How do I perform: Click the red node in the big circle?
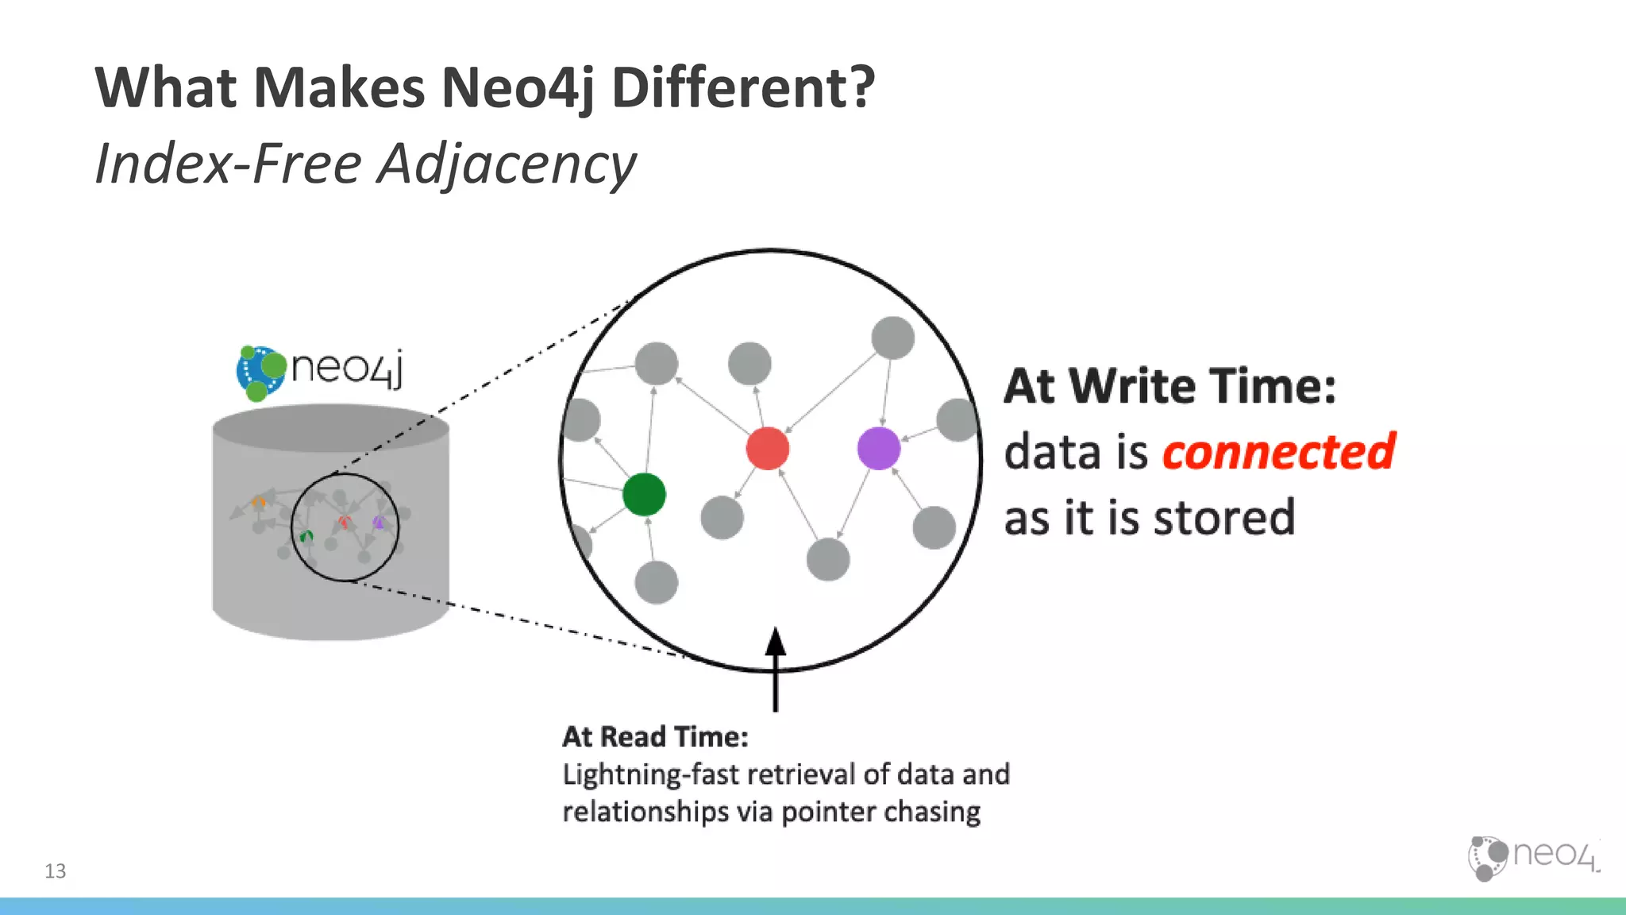(x=768, y=449)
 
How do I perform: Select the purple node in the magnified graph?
(x=879, y=449)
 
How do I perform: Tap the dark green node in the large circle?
(x=644, y=494)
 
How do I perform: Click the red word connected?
(x=1278, y=452)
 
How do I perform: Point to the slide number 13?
(x=56, y=871)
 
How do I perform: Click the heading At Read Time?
(x=655, y=737)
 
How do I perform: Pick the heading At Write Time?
(x=1170, y=387)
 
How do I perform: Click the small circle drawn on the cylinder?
(x=345, y=527)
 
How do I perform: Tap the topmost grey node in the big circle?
(x=892, y=338)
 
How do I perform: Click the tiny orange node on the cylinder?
(x=259, y=502)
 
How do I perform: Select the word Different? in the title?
(x=742, y=87)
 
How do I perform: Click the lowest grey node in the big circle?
(x=657, y=582)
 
